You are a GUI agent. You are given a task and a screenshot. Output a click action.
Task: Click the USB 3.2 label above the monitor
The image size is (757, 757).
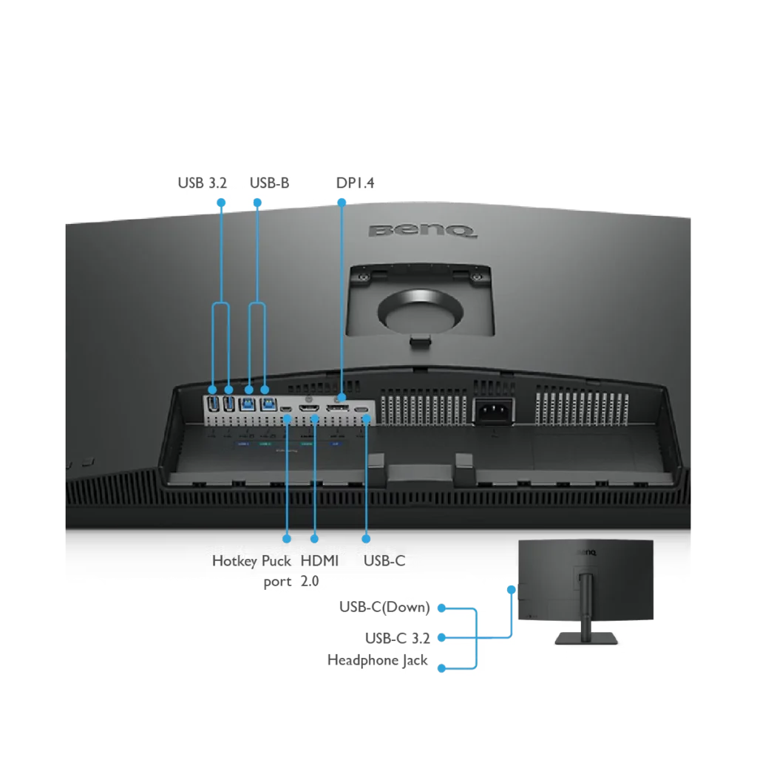(x=202, y=183)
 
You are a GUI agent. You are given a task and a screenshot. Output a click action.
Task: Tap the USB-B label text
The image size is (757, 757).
(x=269, y=183)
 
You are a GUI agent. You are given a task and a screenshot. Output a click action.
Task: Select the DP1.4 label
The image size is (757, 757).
(x=355, y=183)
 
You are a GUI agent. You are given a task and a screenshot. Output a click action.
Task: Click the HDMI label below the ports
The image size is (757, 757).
(x=319, y=561)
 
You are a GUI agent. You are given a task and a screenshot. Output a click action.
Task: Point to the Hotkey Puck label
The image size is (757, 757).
(x=251, y=561)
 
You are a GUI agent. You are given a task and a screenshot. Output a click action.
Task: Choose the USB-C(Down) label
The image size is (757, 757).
(x=384, y=607)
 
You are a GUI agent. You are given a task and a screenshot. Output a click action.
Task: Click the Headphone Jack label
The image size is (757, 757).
(x=378, y=660)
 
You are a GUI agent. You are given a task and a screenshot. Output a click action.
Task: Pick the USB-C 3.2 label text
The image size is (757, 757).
(x=397, y=638)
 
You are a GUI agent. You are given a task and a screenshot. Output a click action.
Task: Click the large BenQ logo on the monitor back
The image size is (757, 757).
(x=422, y=231)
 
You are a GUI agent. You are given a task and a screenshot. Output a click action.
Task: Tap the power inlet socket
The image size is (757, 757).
(x=493, y=411)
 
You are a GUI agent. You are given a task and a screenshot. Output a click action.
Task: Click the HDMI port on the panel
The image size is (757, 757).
(x=309, y=409)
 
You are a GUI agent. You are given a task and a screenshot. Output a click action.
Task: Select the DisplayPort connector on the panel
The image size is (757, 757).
(x=337, y=409)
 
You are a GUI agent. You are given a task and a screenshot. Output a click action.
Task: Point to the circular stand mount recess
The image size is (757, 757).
(x=421, y=311)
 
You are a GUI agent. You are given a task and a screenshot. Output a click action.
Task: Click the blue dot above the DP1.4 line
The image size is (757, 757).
(x=342, y=203)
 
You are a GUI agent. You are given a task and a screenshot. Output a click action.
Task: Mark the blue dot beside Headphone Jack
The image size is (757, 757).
(x=441, y=668)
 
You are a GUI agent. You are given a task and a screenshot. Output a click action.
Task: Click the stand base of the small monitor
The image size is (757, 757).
(x=586, y=639)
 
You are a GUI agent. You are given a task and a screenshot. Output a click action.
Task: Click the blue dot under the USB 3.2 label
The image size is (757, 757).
(x=221, y=203)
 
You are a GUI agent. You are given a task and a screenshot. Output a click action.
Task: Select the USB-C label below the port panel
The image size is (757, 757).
(x=384, y=561)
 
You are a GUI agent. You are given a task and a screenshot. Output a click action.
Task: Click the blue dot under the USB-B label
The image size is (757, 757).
(x=257, y=203)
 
